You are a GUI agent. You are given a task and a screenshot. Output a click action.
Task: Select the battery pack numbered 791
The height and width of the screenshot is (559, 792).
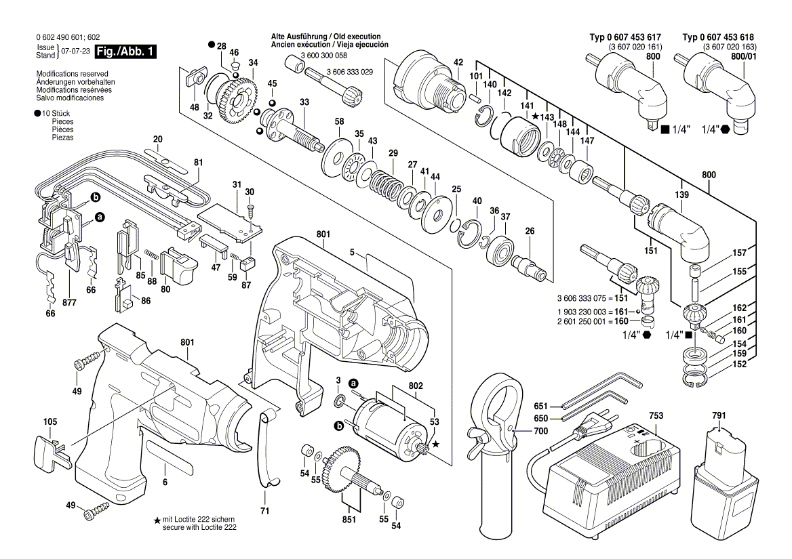724,484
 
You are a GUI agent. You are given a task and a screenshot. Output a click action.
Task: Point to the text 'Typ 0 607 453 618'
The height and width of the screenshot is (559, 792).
718,37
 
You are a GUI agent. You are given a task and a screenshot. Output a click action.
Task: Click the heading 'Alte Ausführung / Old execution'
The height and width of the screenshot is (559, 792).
325,36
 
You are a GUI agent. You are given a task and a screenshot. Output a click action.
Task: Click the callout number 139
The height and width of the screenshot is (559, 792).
681,194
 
